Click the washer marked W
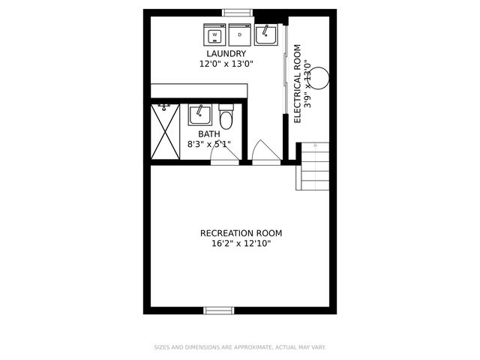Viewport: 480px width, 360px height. pos(215,34)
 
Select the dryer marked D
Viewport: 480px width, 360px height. pos(240,34)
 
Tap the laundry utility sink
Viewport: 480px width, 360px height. pos(265,34)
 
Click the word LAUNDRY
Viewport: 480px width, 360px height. pos(226,54)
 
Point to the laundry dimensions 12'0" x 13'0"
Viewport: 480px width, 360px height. pos(226,64)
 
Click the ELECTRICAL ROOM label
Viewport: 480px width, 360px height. pos(298,84)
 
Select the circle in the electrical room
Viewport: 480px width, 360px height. pos(319,76)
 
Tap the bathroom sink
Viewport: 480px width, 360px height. pos(199,115)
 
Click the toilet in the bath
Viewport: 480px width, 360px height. pos(226,118)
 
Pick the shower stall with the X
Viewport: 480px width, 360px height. pos(165,131)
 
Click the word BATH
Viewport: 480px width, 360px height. pos(209,135)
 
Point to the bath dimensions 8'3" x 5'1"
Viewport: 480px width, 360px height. pos(209,145)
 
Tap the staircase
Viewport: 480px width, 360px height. pos(313,166)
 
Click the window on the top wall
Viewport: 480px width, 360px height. pos(238,11)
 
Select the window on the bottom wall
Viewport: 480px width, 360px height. pos(219,310)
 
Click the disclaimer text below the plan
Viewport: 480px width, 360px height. pos(240,347)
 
